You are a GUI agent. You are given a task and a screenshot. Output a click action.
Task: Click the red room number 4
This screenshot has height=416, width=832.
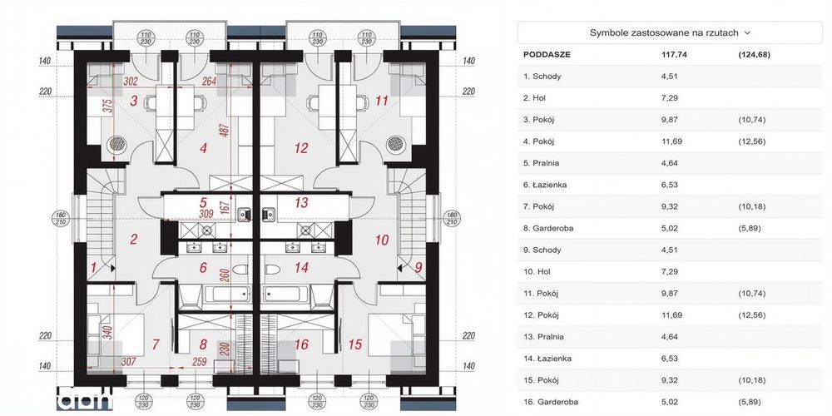[x=204, y=148]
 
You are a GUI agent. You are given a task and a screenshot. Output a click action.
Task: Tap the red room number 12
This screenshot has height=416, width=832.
[x=301, y=148]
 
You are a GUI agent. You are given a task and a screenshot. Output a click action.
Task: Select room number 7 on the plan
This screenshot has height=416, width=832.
[x=156, y=344]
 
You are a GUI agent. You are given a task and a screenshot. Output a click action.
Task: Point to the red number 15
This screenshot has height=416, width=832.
[x=355, y=344]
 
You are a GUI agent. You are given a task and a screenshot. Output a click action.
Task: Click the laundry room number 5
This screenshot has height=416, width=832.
[x=203, y=202]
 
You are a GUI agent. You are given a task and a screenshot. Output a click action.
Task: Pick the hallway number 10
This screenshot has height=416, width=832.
[x=382, y=240]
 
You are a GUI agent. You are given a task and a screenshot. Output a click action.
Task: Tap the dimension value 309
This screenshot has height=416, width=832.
[x=206, y=214]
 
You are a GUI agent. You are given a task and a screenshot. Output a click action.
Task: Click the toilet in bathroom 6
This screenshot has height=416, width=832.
[x=240, y=270]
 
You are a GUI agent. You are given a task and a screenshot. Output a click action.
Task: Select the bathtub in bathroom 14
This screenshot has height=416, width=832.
[x=285, y=294]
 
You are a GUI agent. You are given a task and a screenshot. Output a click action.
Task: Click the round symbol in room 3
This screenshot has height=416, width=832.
[x=116, y=144]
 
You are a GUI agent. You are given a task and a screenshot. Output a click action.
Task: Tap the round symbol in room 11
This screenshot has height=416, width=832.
[x=394, y=144]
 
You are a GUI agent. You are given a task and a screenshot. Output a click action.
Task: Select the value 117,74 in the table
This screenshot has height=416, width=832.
[x=674, y=54]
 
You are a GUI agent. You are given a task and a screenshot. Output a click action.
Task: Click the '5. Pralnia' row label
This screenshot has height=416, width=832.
[x=541, y=163]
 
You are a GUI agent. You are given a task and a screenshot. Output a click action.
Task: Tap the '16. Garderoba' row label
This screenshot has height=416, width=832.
[x=550, y=402]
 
